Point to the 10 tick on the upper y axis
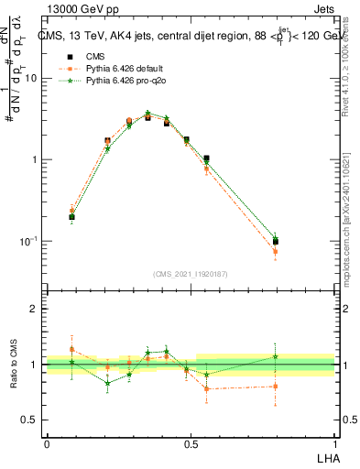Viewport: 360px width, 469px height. [x=31, y=78]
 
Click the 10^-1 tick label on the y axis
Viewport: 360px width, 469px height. [x=27, y=241]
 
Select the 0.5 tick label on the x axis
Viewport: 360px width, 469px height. [x=191, y=444]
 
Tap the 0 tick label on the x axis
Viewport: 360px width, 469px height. [x=47, y=444]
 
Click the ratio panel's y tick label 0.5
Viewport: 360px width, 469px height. [x=29, y=420]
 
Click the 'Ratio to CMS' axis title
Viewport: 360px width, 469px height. [x=14, y=364]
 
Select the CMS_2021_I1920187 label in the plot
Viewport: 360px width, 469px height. [x=191, y=274]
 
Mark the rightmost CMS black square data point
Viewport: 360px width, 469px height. [x=275, y=242]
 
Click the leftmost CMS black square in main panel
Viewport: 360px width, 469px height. [x=71, y=217]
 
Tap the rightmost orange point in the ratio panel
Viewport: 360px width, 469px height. [x=275, y=386]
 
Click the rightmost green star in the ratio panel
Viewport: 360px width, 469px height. [x=275, y=357]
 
